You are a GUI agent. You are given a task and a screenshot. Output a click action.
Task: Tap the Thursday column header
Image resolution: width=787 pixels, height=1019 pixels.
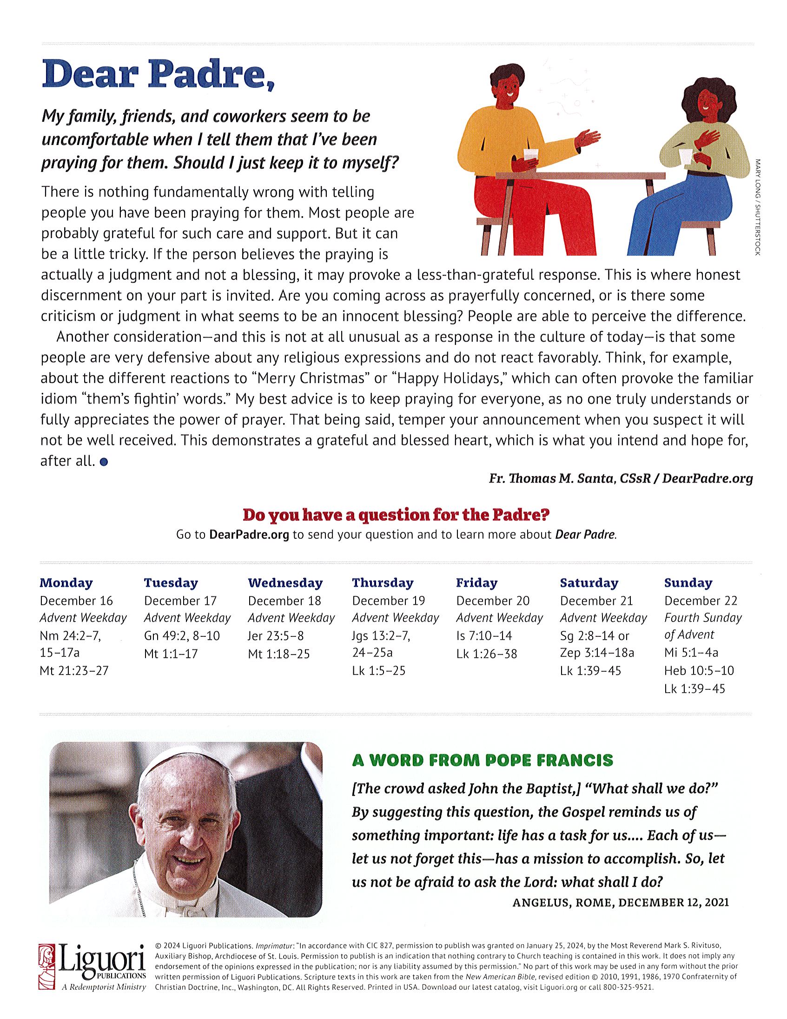tap(383, 583)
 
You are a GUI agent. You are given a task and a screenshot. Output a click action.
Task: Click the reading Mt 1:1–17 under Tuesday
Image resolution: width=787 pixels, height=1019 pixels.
tap(171, 654)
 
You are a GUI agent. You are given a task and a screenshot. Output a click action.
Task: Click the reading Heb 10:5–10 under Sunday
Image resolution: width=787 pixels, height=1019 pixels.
tap(699, 671)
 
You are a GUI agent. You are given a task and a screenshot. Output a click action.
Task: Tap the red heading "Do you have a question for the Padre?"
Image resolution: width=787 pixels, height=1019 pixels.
tap(396, 515)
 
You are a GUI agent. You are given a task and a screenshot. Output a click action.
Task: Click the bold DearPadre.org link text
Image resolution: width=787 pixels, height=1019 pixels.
tap(249, 535)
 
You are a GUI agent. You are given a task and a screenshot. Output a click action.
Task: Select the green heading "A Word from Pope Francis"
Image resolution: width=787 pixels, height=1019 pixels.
tap(483, 760)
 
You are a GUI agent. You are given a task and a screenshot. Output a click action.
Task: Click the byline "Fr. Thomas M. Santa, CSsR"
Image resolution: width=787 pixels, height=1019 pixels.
tap(569, 478)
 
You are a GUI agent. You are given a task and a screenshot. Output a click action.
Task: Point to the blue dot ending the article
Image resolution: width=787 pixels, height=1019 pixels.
tap(104, 462)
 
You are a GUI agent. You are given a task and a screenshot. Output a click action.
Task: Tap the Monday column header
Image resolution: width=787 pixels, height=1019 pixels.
tap(66, 583)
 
